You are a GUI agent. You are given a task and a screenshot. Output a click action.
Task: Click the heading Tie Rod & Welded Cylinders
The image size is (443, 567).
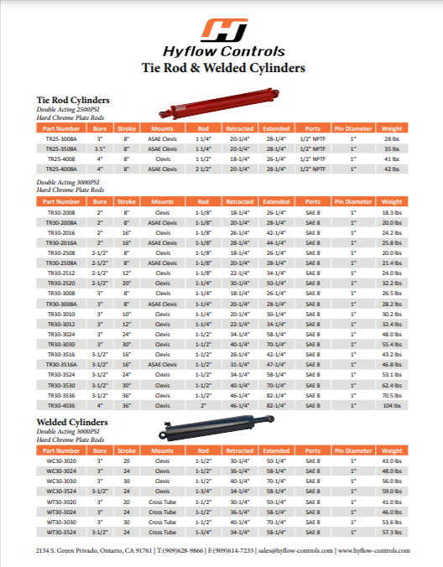pos(222,68)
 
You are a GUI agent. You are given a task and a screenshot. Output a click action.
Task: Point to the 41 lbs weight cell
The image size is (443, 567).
pos(392,158)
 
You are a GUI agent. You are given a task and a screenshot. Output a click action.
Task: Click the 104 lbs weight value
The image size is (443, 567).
pos(392,405)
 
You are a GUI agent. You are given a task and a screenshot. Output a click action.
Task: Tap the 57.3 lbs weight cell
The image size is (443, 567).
pos(392,532)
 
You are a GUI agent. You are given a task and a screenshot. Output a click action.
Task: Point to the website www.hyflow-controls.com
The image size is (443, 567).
pos(373,550)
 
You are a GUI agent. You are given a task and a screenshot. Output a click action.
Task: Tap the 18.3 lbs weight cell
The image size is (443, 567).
pos(392,213)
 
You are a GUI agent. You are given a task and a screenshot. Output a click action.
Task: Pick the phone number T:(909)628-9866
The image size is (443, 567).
pos(180,550)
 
